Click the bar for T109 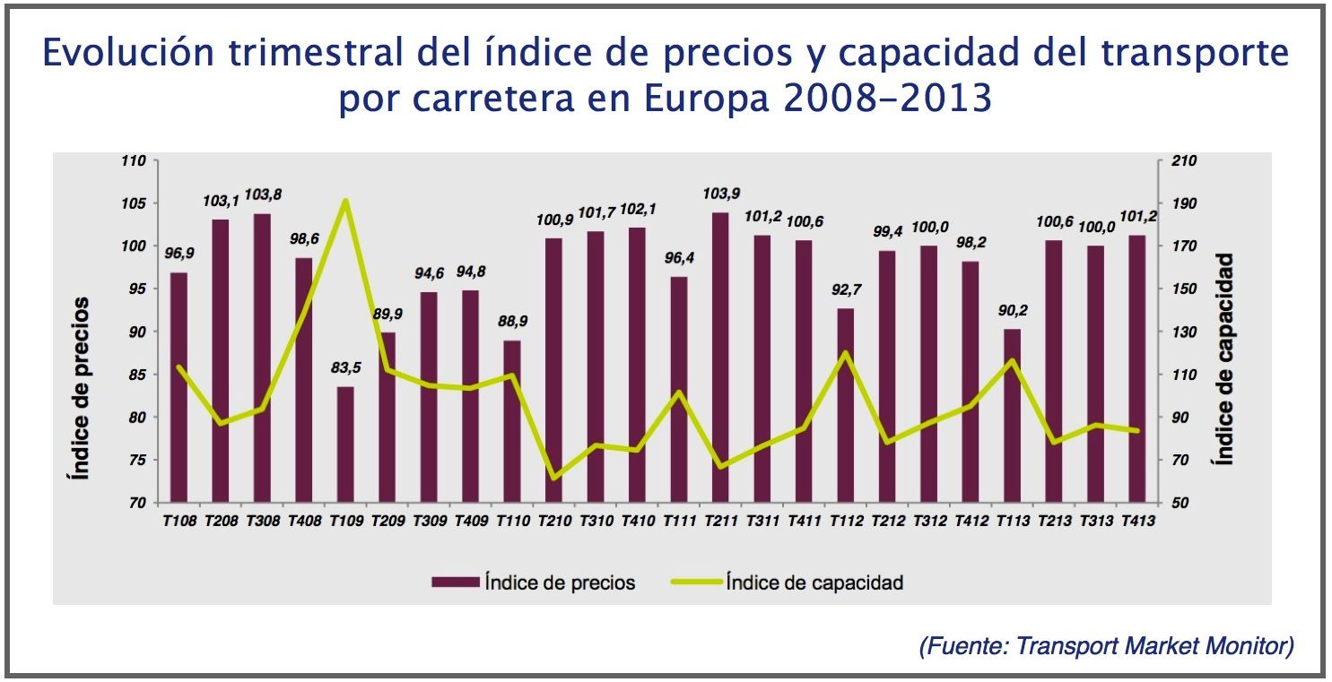point(345,445)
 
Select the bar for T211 point(720,358)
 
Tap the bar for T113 point(1012,416)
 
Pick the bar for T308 point(262,358)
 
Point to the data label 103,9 point(721,194)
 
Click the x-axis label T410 point(637,521)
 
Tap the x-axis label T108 point(178,521)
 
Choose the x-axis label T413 point(1137,521)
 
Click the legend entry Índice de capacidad point(814,583)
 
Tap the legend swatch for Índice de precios point(454,583)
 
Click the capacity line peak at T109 point(345,201)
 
